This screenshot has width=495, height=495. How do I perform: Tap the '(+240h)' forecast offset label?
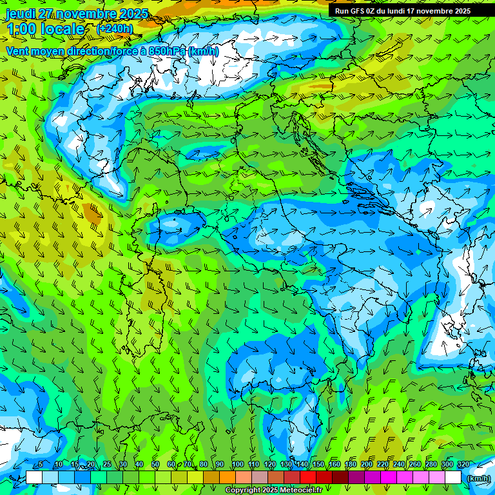(x=115, y=28)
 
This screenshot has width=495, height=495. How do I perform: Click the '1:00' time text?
(x=21, y=29)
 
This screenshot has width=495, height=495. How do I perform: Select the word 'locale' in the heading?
(x=63, y=29)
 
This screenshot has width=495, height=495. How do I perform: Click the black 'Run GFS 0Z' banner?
(x=402, y=11)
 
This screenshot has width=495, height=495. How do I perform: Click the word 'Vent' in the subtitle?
(x=19, y=51)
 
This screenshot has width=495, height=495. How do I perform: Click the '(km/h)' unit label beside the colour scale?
(x=478, y=478)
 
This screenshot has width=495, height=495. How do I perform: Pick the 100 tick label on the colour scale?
(x=237, y=464)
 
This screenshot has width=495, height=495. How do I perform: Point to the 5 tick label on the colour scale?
(x=41, y=464)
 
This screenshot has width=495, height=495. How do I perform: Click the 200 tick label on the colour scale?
(x=367, y=464)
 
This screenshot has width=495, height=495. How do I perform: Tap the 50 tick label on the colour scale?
(x=155, y=464)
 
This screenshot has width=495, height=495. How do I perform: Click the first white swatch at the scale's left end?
(x=34, y=478)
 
